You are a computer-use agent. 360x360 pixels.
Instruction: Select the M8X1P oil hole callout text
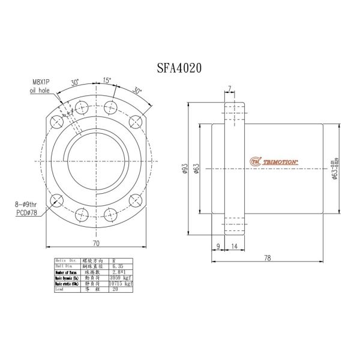click(x=41, y=86)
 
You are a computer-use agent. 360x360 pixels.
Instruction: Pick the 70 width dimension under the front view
click(x=95, y=243)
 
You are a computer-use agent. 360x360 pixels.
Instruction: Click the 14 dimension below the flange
click(x=233, y=246)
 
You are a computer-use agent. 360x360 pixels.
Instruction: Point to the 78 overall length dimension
click(x=268, y=258)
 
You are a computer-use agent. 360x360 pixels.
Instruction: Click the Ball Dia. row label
click(x=66, y=266)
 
